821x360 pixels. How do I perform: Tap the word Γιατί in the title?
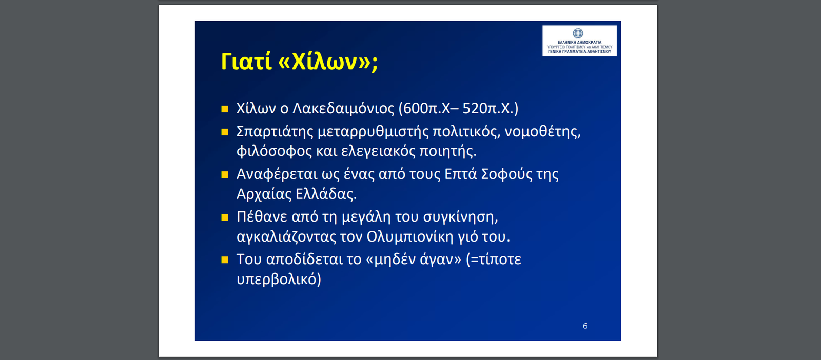click(x=246, y=61)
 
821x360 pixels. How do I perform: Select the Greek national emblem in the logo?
click(x=578, y=33)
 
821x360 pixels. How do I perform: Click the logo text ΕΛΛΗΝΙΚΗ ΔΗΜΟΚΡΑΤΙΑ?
click(x=579, y=43)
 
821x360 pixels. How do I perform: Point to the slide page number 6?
click(x=585, y=326)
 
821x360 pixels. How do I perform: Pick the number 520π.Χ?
click(x=491, y=108)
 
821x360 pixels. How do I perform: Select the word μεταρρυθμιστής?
click(x=373, y=131)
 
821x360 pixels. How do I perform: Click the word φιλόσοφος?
click(x=274, y=151)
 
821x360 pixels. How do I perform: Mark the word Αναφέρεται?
click(x=277, y=174)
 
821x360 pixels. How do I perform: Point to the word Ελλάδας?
click(x=326, y=194)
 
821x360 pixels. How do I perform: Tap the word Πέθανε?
click(x=262, y=217)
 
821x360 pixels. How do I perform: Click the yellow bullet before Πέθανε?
click(x=225, y=217)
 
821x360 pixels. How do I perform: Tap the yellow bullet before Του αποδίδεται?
click(x=225, y=260)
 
